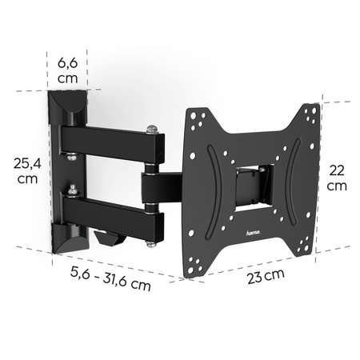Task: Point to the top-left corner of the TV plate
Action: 189,113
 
